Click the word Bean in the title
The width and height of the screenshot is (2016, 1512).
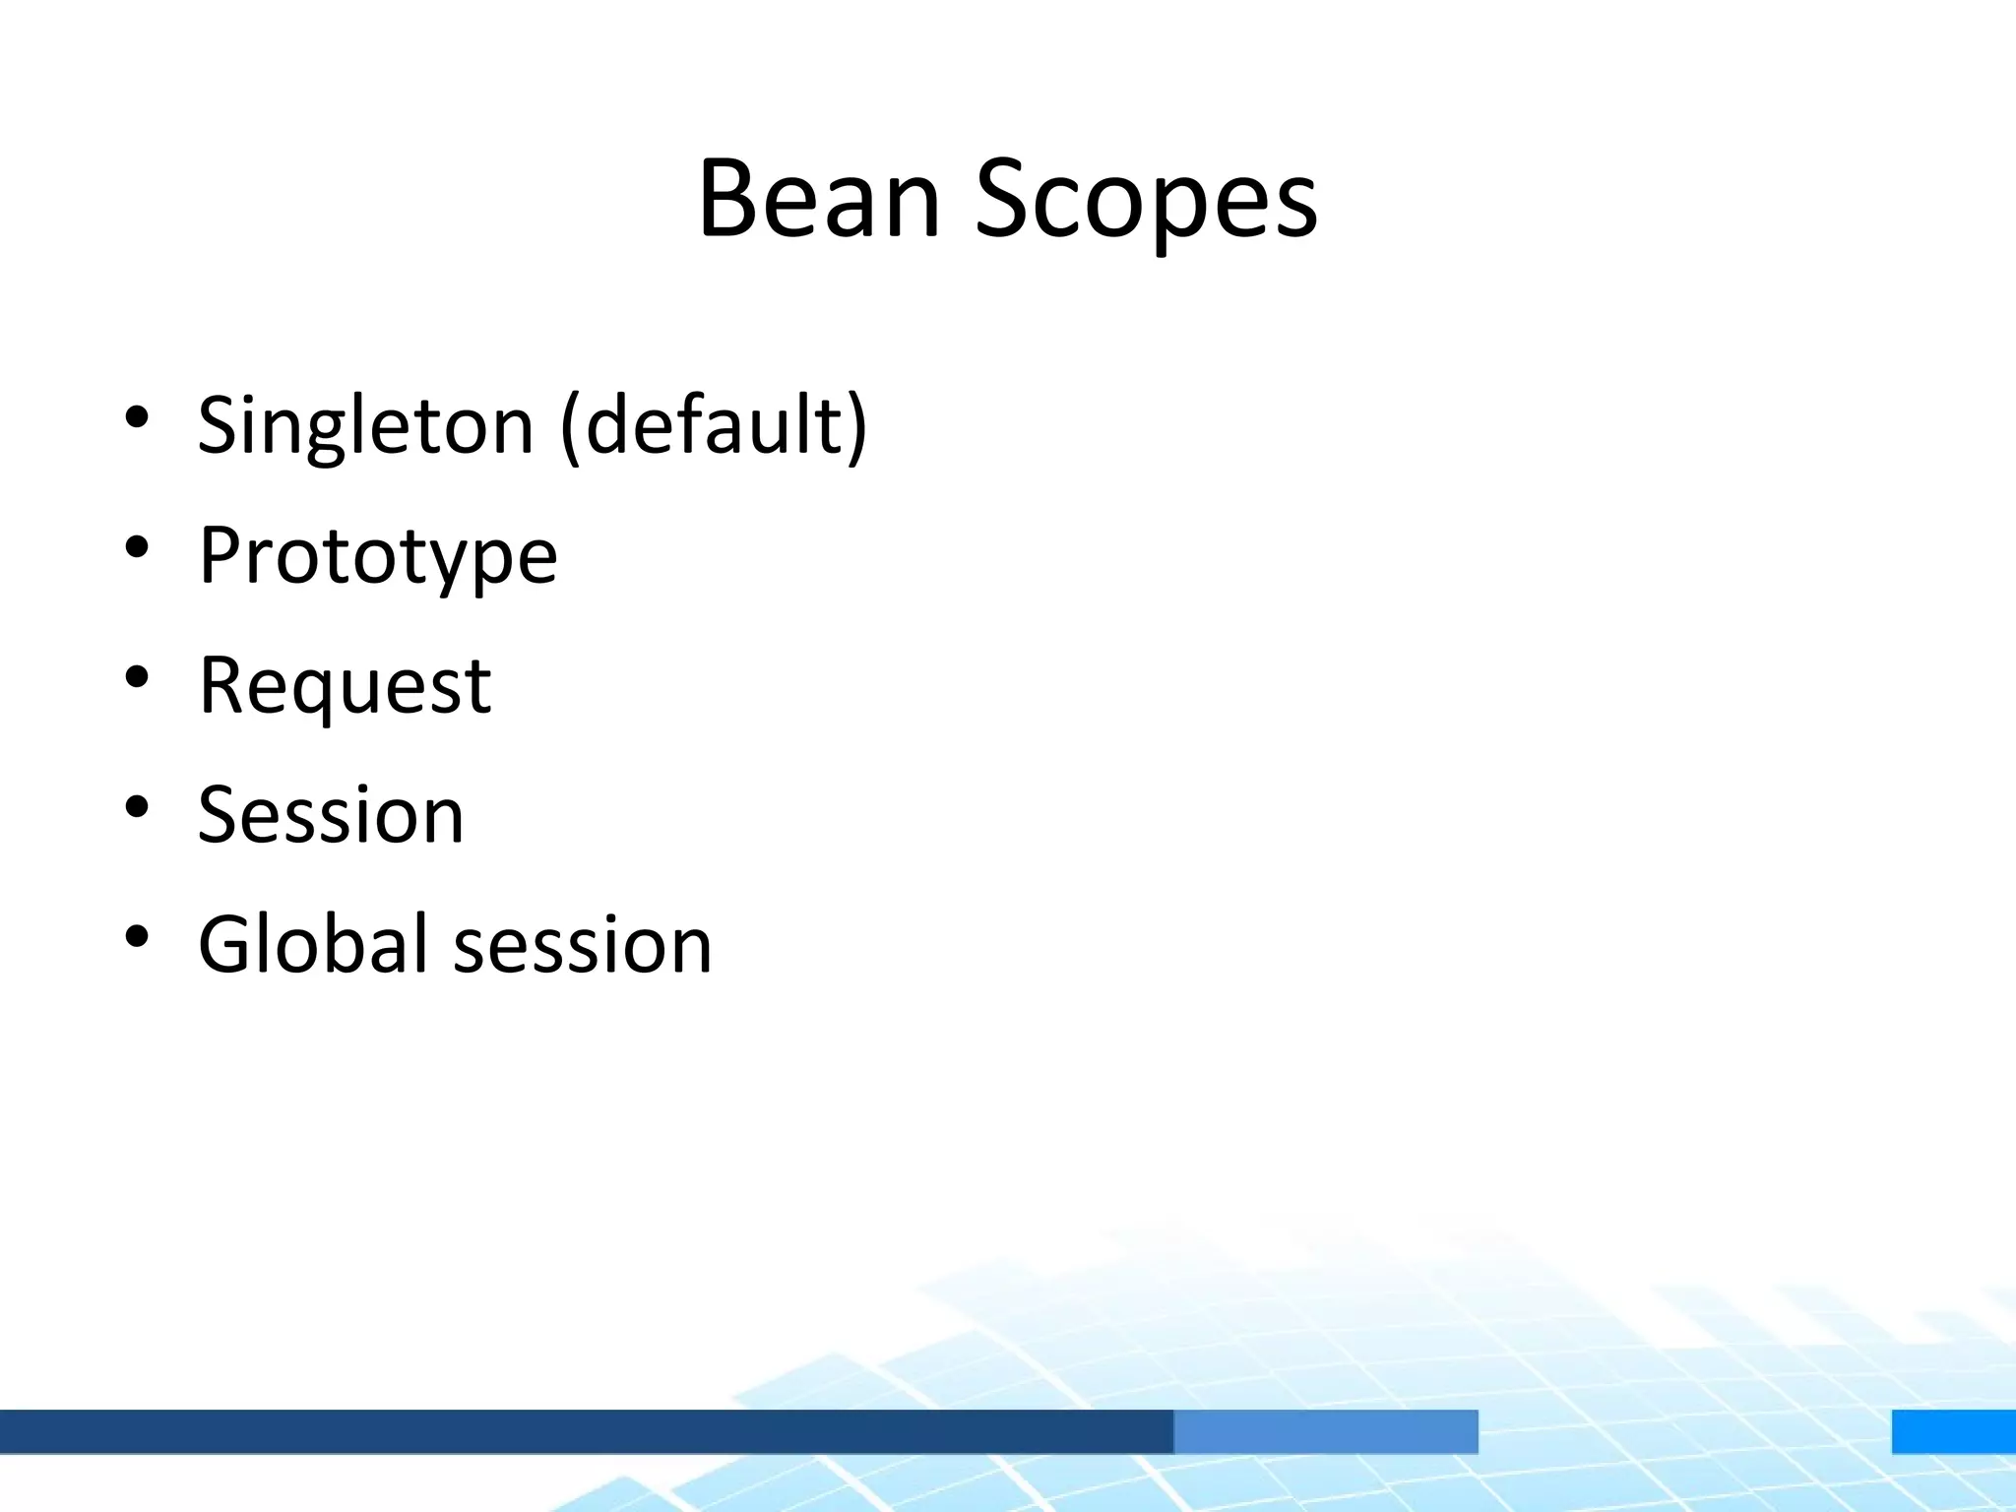[x=819, y=199]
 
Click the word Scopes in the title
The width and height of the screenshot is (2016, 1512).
[x=1146, y=202]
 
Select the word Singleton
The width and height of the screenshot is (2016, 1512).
[x=365, y=426]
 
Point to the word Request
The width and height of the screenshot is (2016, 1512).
[x=345, y=686]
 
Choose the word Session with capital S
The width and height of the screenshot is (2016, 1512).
[x=331, y=815]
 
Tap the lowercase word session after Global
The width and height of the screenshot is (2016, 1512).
[x=583, y=946]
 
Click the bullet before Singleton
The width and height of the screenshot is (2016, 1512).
[x=137, y=417]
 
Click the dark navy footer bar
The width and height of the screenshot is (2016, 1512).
[x=586, y=1431]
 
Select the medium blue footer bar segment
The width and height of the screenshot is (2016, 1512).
[x=1325, y=1431]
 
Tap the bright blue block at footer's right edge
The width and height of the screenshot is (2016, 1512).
[x=1953, y=1431]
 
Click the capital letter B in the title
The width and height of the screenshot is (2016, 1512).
[x=727, y=199]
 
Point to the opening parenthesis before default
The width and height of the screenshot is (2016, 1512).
[x=570, y=426]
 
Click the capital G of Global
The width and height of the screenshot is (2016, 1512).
[x=228, y=944]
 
